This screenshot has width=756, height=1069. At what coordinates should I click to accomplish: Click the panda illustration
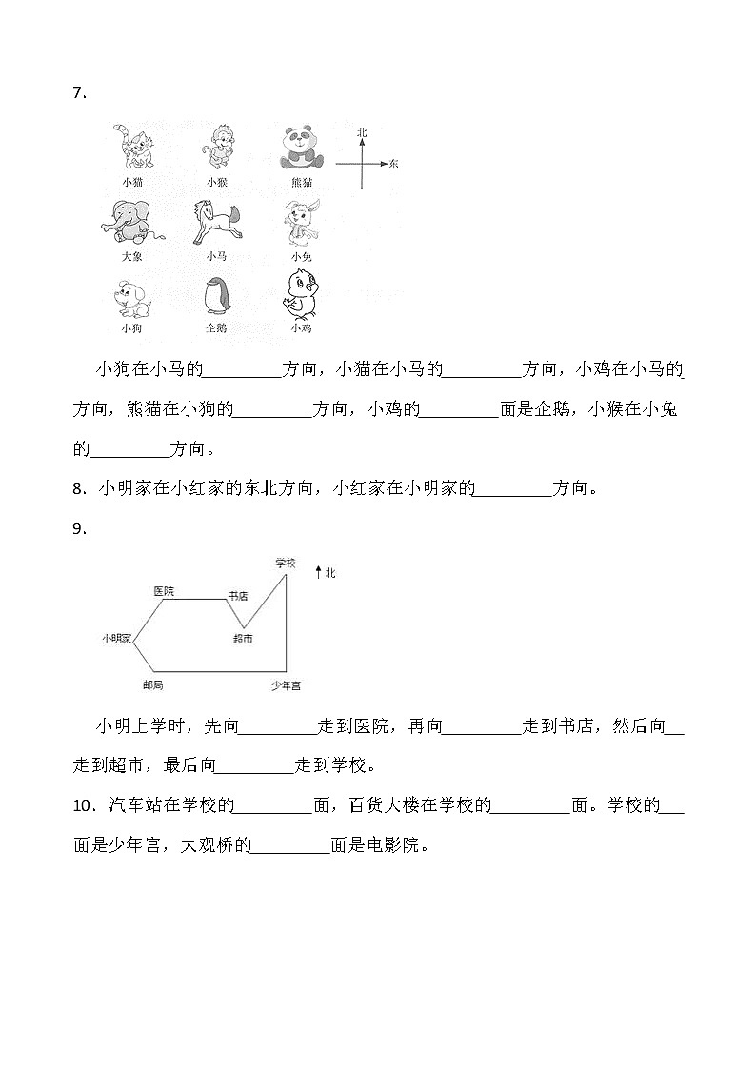(x=302, y=148)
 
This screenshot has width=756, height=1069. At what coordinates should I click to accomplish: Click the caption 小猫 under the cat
(x=131, y=181)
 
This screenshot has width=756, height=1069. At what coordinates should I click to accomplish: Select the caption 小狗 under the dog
(x=131, y=328)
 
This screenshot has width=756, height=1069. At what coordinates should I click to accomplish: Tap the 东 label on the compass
(x=393, y=164)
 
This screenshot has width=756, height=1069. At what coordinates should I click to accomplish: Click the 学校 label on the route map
(x=286, y=563)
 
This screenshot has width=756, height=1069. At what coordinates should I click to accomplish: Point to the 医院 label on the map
(x=164, y=591)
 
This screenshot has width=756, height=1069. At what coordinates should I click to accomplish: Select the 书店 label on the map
(x=237, y=596)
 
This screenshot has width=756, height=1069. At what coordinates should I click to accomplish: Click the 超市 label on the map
(x=243, y=639)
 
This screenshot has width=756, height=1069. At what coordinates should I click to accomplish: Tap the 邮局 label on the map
(x=152, y=684)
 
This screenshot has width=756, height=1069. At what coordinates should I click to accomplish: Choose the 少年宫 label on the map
(x=286, y=684)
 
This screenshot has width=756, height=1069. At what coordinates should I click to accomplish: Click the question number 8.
(x=79, y=490)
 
